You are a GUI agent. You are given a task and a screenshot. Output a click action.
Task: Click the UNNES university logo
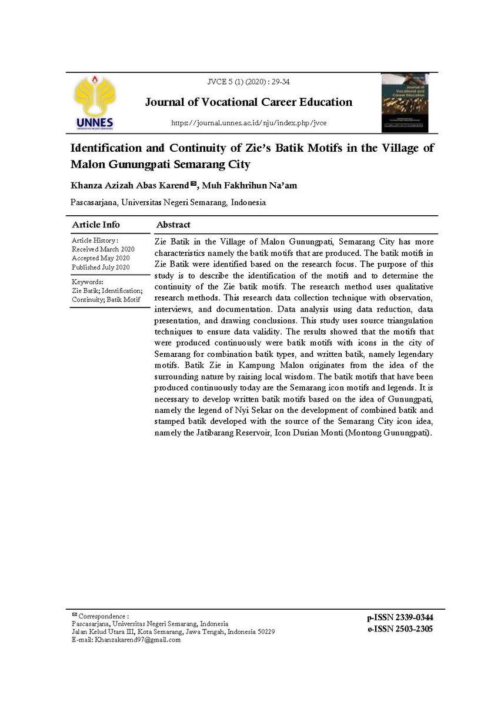pyautogui.click(x=95, y=102)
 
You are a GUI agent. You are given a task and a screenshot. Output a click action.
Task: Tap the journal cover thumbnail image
pyautogui.click(x=405, y=103)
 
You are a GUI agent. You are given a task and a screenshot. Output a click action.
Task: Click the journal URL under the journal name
pyautogui.click(x=248, y=123)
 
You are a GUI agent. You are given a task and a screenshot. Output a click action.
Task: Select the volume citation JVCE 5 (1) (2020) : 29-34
pyautogui.click(x=248, y=82)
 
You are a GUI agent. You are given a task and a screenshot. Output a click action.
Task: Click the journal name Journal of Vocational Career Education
pyautogui.click(x=249, y=102)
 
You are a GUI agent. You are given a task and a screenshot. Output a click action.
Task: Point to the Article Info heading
pyautogui.click(x=96, y=225)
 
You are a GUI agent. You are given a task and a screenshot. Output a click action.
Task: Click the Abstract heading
pyautogui.click(x=173, y=225)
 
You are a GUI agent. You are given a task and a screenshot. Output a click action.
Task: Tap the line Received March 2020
pyautogui.click(x=103, y=249)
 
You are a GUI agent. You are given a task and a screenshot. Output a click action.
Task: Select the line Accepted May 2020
pyautogui.click(x=101, y=258)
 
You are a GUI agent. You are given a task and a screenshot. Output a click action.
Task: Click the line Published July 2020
pyautogui.click(x=101, y=267)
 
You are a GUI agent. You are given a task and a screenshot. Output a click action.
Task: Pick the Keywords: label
pyautogui.click(x=88, y=282)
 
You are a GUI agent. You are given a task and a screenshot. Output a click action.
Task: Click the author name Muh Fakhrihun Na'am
pyautogui.click(x=249, y=186)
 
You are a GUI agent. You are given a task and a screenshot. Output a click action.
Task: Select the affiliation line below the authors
pyautogui.click(x=168, y=202)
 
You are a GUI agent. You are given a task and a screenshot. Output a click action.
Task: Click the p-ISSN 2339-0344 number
pyautogui.click(x=400, y=617)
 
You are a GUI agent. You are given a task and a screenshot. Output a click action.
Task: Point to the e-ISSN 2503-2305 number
pyautogui.click(x=400, y=629)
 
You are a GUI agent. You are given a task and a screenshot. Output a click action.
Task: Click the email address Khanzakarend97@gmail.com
pyautogui.click(x=138, y=640)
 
